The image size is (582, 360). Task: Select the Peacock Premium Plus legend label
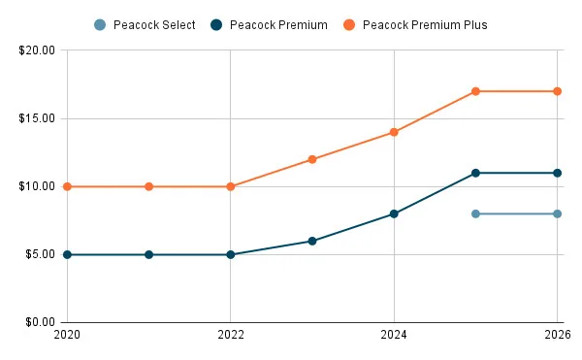coord(425,24)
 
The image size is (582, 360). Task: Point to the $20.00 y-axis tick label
coord(37,49)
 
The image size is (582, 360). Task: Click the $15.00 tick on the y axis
coord(37,118)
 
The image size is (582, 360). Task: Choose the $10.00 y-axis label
coord(37,186)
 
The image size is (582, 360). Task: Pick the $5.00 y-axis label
coord(40,254)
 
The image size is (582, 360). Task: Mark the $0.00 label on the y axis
coord(40,322)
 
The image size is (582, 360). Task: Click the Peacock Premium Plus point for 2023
coord(312,159)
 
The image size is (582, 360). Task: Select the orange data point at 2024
coord(394,132)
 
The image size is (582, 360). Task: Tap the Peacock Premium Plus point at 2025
coord(475,91)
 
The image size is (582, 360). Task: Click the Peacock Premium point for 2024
coord(394,213)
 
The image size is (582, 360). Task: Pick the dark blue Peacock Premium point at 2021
coord(148,254)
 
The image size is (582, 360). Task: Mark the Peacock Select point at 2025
coord(475,213)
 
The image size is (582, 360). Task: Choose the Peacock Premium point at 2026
coord(557,173)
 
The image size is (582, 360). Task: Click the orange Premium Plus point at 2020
coord(67,186)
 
